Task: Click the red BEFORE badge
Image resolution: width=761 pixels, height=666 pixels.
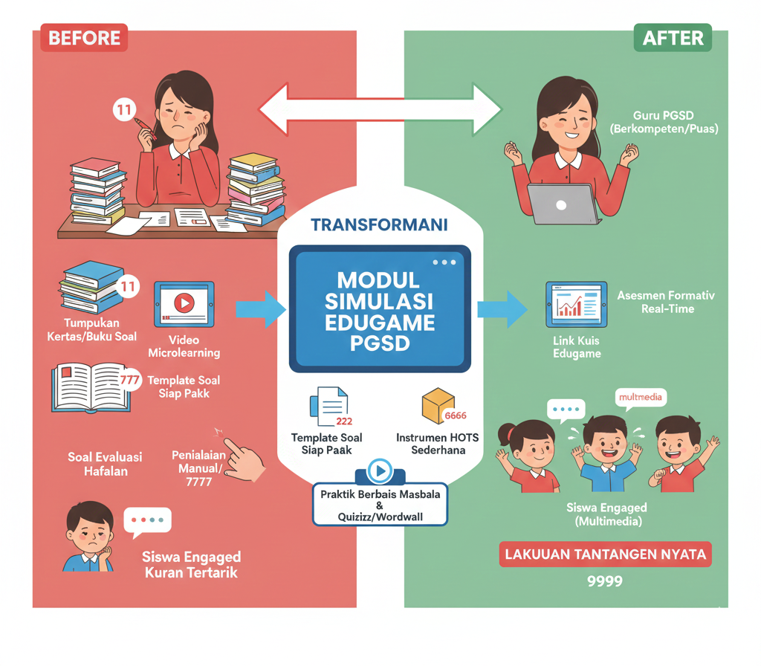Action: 84,37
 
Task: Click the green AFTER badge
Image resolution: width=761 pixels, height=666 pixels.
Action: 673,37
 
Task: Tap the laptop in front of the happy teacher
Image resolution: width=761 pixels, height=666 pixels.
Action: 563,204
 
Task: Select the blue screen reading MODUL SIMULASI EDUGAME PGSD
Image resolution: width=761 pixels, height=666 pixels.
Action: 380,308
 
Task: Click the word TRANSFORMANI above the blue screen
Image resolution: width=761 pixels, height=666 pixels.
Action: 380,224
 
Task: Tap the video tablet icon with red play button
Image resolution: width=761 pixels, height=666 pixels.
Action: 184,303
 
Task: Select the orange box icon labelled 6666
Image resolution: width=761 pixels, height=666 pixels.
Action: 438,406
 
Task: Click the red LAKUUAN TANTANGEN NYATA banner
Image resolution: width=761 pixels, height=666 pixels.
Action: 605,555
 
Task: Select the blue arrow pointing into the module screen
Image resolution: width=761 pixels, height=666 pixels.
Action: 260,309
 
